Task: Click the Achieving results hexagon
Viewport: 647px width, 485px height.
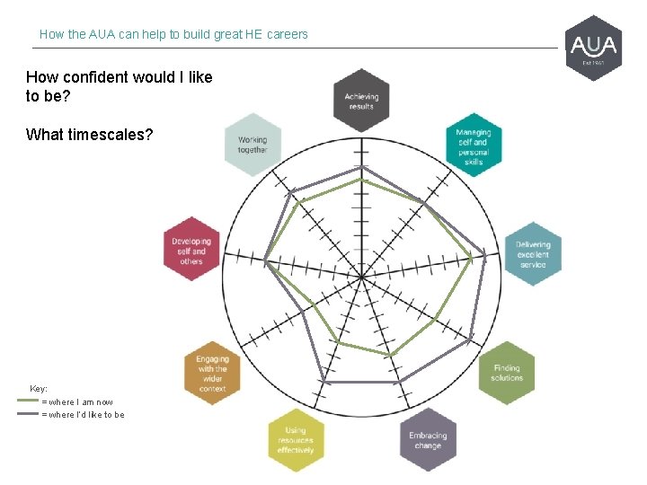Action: point(360,101)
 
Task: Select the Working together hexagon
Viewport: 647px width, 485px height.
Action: point(253,145)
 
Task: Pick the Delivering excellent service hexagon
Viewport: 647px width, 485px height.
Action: point(532,254)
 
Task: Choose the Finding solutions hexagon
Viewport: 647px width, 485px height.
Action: point(507,373)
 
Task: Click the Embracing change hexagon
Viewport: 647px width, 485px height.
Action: point(428,440)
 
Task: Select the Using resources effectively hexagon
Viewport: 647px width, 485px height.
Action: point(296,440)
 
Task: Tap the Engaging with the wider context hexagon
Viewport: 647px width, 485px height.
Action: point(212,373)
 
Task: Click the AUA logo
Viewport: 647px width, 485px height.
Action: point(594,47)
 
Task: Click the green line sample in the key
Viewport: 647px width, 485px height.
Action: point(28,401)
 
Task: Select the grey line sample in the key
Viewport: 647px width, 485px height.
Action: point(28,414)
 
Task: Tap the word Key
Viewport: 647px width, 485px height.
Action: point(39,389)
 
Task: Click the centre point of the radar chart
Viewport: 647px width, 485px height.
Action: point(360,278)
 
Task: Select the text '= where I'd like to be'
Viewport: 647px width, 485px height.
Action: point(83,415)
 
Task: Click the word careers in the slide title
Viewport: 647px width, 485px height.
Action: point(285,34)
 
